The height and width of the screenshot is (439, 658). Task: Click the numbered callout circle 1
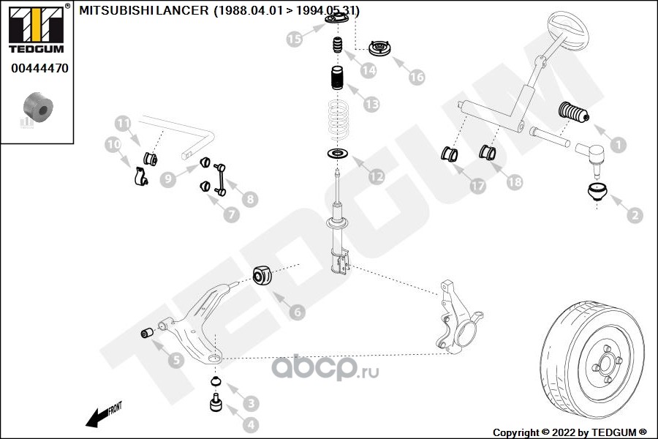(x=618, y=146)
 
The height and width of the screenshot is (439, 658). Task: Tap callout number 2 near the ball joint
(x=634, y=214)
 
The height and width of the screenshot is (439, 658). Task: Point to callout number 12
(x=375, y=176)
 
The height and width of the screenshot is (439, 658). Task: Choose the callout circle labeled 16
(x=417, y=76)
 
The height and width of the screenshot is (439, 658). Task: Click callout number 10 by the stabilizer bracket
(x=113, y=145)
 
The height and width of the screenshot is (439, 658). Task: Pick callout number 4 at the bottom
(x=251, y=423)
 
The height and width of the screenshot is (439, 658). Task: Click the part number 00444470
(x=39, y=70)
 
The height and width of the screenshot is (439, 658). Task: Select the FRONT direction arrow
(x=102, y=415)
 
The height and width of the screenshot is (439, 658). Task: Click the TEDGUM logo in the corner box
(x=35, y=29)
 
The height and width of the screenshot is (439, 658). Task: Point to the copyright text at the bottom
(x=570, y=432)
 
